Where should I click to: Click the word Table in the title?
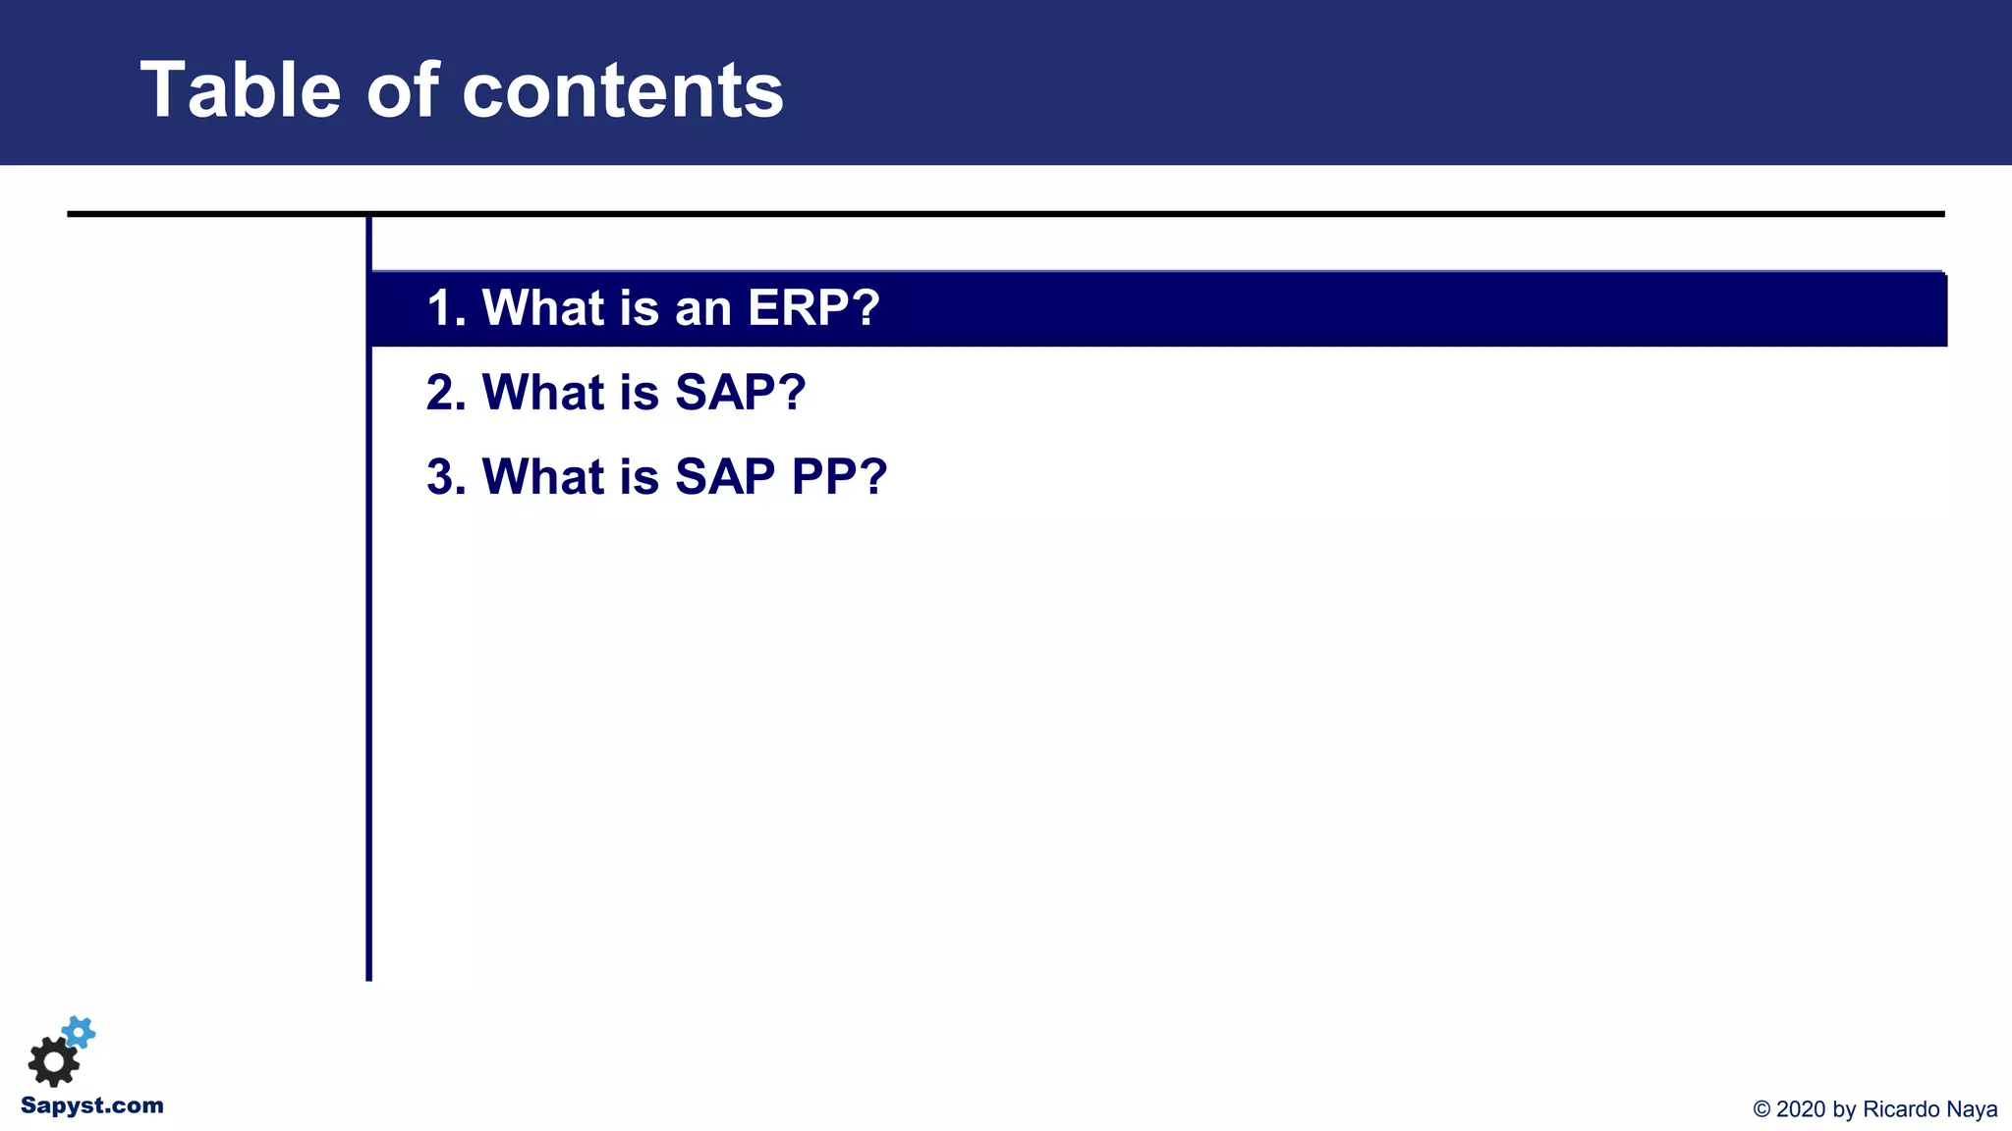[241, 90]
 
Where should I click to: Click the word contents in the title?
[622, 90]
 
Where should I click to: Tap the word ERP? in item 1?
[813, 307]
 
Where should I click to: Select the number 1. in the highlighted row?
[446, 307]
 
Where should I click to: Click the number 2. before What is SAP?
[446, 392]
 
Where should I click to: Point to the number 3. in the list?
[446, 477]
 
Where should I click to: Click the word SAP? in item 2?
[741, 392]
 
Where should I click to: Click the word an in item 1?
[702, 307]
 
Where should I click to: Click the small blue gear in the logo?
[79, 1032]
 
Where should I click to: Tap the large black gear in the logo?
[53, 1061]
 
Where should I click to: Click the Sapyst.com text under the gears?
[92, 1105]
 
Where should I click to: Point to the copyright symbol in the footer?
[1761, 1109]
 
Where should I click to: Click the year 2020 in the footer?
[1801, 1109]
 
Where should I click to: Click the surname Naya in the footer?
[1973, 1109]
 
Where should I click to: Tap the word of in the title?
[402, 90]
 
